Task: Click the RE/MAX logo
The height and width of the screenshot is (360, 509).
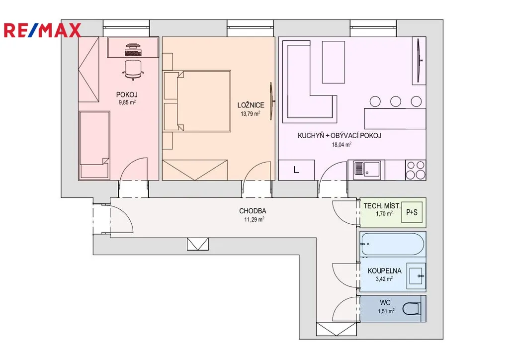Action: tap(42, 30)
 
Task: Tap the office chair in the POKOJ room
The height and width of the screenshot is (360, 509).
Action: tap(133, 70)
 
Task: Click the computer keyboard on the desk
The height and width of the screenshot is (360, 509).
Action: tap(133, 53)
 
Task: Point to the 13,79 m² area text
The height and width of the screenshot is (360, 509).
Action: tap(251, 113)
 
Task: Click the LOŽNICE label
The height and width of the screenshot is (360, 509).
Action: tap(251, 105)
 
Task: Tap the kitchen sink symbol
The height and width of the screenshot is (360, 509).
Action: tap(366, 170)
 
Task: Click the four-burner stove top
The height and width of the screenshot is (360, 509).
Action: tap(416, 170)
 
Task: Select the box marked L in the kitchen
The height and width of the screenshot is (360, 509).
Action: tap(296, 170)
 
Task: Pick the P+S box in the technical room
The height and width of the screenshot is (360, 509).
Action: tap(412, 212)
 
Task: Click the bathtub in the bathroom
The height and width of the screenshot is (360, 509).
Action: tap(392, 244)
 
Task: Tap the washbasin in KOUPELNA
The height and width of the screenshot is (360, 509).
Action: tap(417, 276)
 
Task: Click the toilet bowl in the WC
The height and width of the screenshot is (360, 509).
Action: tap(412, 309)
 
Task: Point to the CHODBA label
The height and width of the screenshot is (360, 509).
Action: tap(253, 211)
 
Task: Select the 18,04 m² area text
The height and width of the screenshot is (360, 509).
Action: tap(341, 145)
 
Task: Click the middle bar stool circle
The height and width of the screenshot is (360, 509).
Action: tap(396, 101)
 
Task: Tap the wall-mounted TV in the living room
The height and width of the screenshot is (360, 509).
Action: tap(419, 60)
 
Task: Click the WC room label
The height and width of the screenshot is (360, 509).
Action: tap(385, 303)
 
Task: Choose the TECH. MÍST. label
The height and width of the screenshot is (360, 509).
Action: tap(382, 206)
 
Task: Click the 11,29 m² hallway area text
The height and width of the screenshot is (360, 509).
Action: tap(254, 219)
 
